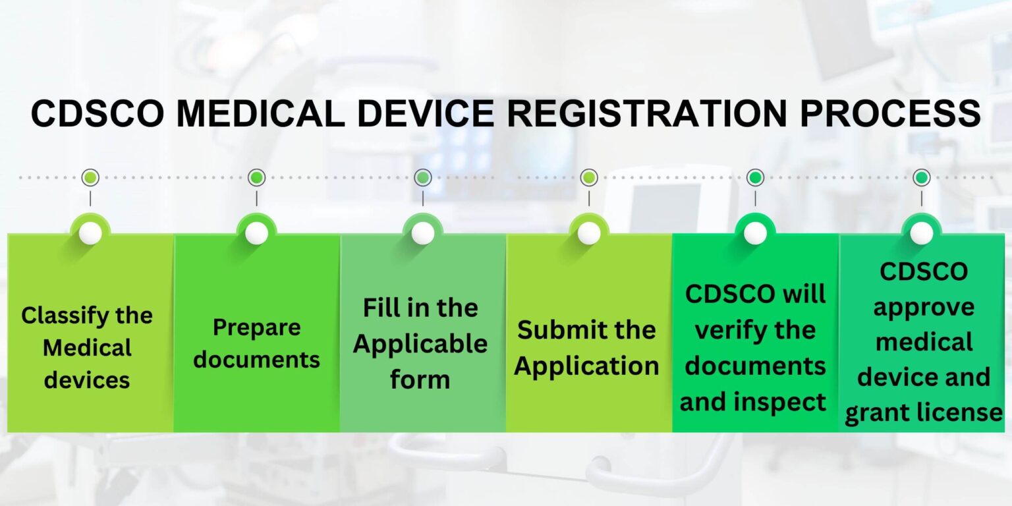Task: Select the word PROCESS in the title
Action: coord(890,113)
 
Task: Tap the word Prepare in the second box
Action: coord(256,327)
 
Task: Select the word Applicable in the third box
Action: coord(420,344)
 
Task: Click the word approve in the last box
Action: coord(923,308)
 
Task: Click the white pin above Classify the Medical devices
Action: coord(90,233)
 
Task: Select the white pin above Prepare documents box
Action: coord(256,233)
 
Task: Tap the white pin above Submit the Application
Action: coord(589,233)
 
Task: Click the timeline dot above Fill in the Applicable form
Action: coord(423,177)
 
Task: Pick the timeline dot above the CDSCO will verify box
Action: coord(755,177)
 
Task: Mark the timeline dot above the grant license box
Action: coord(922,177)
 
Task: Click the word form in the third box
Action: coord(420,380)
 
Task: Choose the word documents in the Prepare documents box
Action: coord(256,360)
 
